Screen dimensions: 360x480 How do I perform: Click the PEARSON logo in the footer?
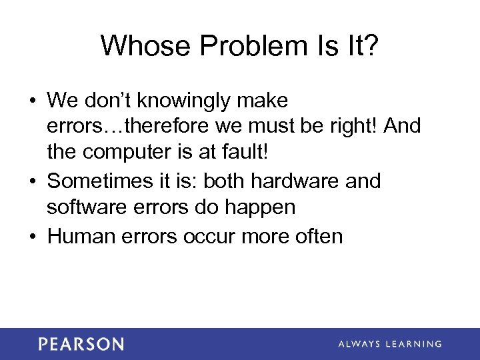coord(81,344)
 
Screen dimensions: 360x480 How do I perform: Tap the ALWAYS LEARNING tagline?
coord(390,344)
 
